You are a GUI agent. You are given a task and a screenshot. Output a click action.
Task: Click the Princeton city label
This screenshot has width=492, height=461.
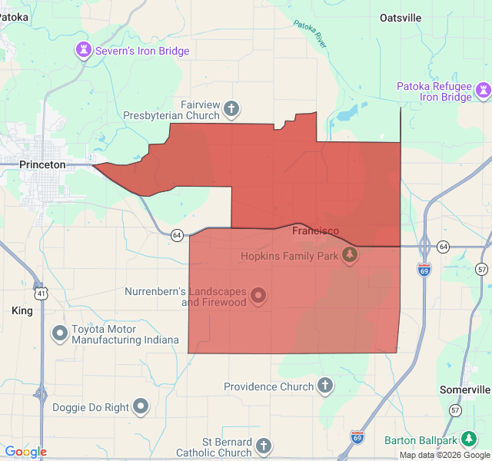(43, 164)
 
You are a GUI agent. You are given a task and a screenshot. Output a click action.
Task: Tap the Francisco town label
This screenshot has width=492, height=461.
(315, 230)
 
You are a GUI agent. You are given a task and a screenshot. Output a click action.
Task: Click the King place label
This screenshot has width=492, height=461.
(22, 310)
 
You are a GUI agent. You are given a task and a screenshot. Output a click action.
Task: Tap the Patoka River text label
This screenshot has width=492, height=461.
(311, 34)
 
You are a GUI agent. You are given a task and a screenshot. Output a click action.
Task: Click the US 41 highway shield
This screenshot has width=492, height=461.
(41, 293)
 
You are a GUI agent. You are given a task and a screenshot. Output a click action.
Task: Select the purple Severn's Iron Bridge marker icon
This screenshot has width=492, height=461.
(82, 51)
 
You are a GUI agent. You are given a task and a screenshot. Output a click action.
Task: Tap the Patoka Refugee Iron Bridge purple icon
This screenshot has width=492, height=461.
(482, 91)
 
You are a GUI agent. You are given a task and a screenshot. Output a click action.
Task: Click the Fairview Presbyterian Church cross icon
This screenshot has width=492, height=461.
(231, 109)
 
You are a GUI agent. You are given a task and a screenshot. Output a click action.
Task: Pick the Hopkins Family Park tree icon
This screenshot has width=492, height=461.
(350, 255)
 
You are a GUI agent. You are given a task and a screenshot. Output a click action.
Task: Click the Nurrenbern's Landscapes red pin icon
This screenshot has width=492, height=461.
(258, 295)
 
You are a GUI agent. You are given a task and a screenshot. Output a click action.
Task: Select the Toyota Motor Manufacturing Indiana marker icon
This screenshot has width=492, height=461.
(59, 333)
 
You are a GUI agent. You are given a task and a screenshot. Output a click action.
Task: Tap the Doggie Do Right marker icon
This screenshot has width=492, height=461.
(141, 406)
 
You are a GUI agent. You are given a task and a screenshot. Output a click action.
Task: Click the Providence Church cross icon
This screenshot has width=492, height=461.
(325, 386)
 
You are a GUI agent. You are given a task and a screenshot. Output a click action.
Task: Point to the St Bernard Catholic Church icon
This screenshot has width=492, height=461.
(264, 446)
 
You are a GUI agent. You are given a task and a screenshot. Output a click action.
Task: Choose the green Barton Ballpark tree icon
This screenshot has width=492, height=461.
(468, 440)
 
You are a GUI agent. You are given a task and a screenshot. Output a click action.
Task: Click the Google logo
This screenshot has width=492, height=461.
(25, 452)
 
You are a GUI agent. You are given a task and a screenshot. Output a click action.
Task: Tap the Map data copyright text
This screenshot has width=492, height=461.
(444, 455)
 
